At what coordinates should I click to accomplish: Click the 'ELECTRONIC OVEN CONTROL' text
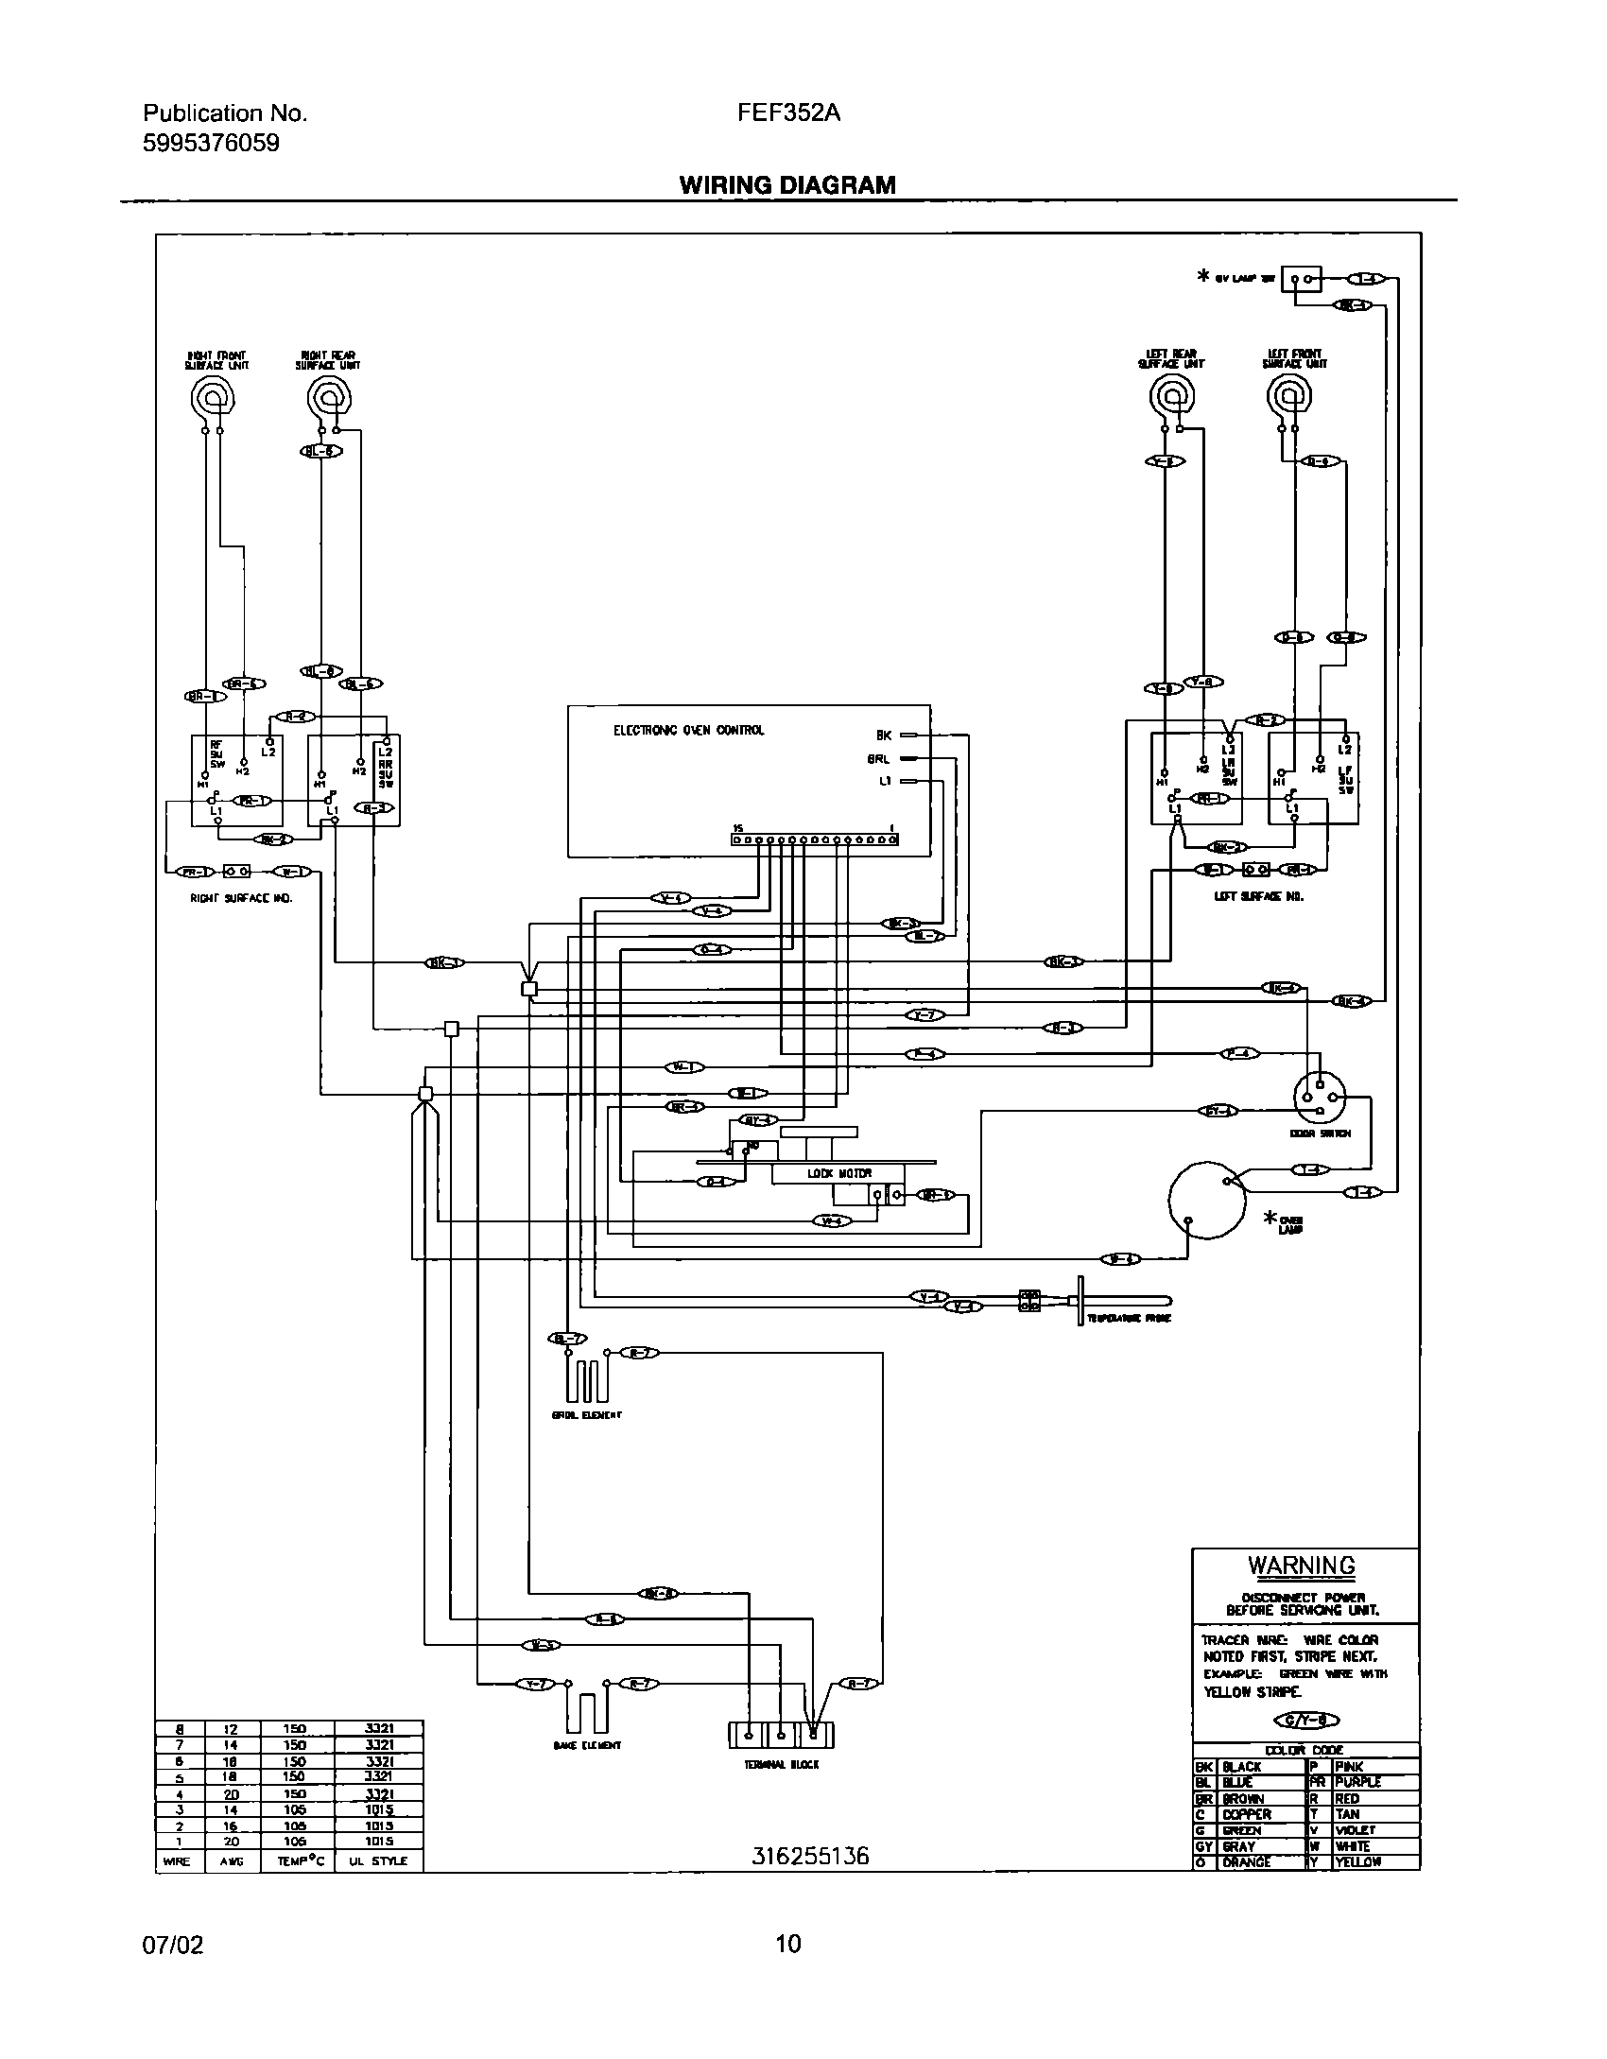click(x=688, y=731)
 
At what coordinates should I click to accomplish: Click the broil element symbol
click(x=587, y=1381)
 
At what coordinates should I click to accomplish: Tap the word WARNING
click(x=1302, y=1566)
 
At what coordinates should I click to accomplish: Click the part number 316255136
click(x=810, y=1857)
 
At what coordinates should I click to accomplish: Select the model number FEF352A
click(x=788, y=113)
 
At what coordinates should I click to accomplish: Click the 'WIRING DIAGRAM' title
click(x=787, y=185)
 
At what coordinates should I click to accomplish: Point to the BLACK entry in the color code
click(x=1241, y=1767)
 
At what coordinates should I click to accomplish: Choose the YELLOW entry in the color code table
click(x=1357, y=1861)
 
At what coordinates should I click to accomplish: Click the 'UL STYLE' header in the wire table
click(x=378, y=1860)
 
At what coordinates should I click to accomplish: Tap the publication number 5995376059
click(x=211, y=144)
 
